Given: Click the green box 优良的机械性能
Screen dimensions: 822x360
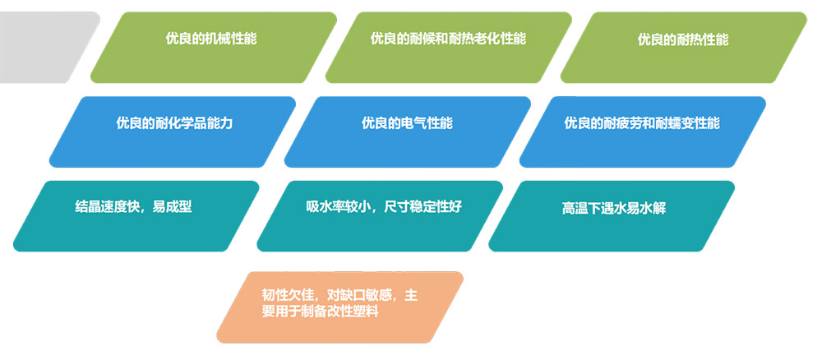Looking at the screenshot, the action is point(214,47).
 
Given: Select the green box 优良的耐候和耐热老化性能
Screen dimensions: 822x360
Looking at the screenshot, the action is point(448,47).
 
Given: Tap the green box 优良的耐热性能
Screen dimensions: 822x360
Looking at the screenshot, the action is point(684,47).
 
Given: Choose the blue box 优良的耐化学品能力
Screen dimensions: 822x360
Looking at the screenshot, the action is point(173,132).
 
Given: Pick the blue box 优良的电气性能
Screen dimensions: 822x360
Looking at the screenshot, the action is point(408,132).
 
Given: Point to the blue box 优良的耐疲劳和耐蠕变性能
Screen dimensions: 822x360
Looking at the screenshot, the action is point(642,132).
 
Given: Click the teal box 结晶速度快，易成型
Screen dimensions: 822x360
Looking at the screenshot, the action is point(136,216).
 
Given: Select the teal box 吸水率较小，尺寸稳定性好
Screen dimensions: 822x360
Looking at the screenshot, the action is point(380,216).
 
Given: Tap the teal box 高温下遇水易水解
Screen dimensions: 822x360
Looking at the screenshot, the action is point(612,216).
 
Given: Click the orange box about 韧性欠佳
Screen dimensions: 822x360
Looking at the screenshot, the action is point(339,307).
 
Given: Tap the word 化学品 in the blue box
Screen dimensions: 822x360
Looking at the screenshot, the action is point(187,123).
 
